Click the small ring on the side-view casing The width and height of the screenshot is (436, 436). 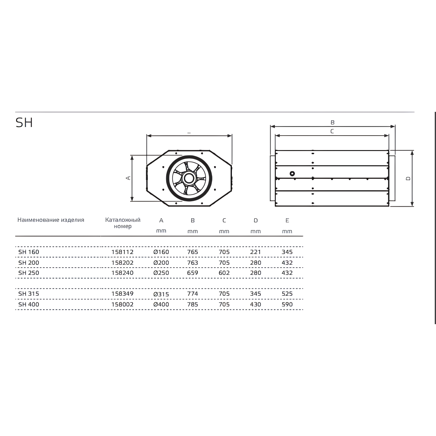click(292, 174)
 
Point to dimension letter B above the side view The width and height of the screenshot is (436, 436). click(332, 122)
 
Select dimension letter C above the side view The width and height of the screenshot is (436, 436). click(332, 131)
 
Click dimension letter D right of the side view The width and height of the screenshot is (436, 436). click(408, 179)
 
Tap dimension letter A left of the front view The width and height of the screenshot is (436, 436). click(128, 178)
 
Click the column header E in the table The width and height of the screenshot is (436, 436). click(287, 221)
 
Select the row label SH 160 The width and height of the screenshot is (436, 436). click(29, 252)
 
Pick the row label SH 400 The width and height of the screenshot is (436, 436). click(29, 304)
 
